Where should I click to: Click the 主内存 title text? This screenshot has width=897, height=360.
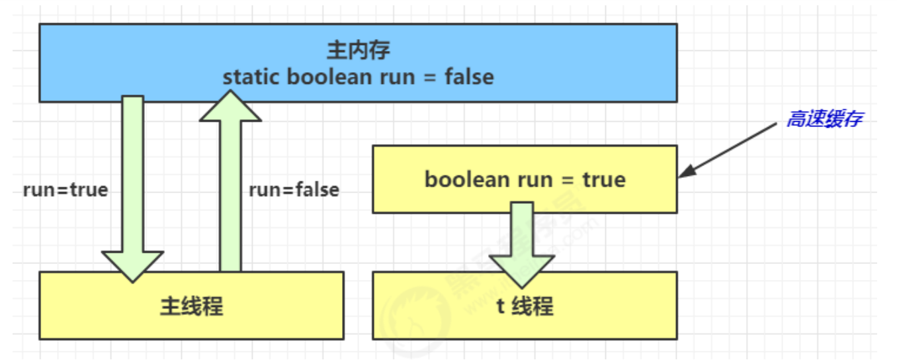click(359, 50)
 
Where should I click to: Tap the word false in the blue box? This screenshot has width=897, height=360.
click(469, 77)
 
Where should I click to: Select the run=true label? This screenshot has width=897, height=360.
click(65, 190)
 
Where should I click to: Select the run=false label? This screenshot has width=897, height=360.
click(294, 190)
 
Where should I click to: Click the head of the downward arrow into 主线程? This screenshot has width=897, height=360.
click(132, 266)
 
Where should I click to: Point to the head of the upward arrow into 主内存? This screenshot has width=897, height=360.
click(230, 105)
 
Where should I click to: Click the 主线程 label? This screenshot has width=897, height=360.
click(192, 306)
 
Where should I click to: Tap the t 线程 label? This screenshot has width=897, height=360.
click(525, 306)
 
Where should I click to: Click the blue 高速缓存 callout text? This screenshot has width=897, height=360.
click(825, 118)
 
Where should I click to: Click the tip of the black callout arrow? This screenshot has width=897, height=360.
click(679, 177)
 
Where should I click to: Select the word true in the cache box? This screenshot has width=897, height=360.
click(604, 179)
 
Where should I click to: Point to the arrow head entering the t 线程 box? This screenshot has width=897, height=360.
click(522, 271)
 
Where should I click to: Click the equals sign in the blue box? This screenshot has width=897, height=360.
click(430, 77)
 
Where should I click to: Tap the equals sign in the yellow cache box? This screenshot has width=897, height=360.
click(568, 180)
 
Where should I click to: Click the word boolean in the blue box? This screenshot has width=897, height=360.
click(329, 77)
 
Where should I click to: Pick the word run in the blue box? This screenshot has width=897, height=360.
click(398, 77)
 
